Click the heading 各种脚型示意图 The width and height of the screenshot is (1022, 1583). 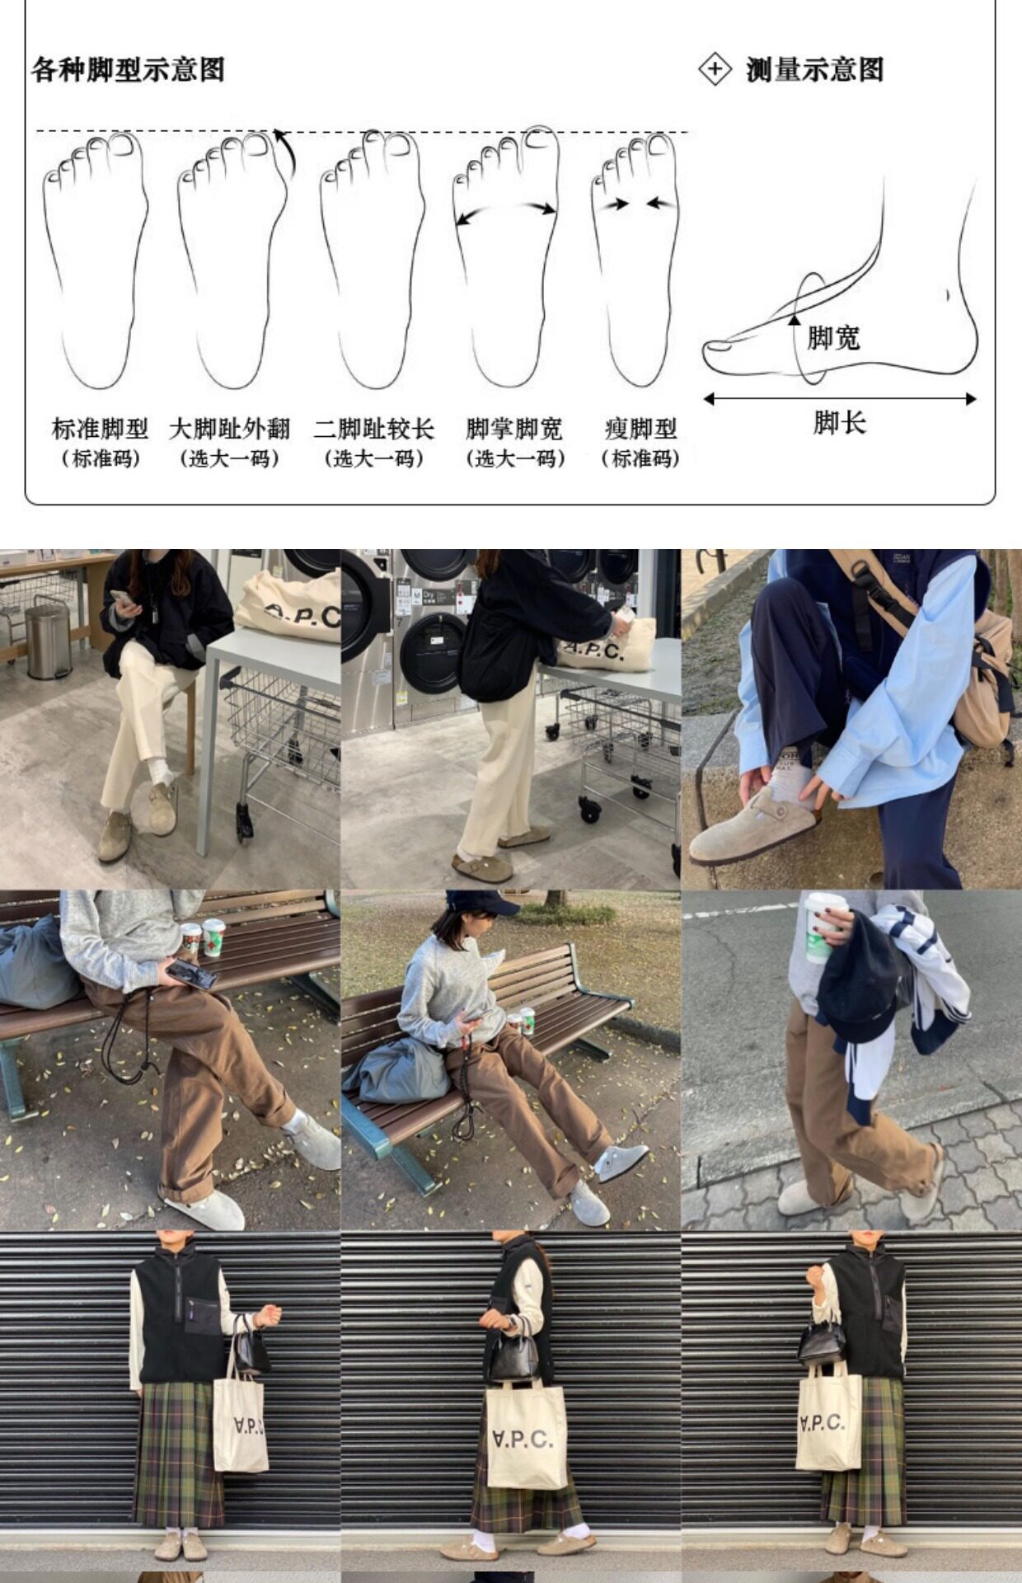click(x=128, y=69)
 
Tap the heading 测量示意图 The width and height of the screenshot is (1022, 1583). click(x=814, y=69)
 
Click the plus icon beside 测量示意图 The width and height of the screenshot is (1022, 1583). click(x=715, y=68)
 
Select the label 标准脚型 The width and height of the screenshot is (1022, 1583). click(x=100, y=429)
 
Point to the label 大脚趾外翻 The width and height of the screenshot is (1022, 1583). click(x=230, y=429)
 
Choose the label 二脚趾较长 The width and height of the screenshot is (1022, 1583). click(x=373, y=429)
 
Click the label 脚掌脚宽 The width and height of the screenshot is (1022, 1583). click(x=514, y=429)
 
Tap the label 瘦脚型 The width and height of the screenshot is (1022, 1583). click(x=640, y=429)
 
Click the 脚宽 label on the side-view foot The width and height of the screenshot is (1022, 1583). click(x=833, y=338)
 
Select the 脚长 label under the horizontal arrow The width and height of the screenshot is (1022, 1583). click(x=840, y=423)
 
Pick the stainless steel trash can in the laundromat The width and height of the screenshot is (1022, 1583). click(x=48, y=641)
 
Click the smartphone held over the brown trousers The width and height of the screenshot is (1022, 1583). click(x=191, y=975)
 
